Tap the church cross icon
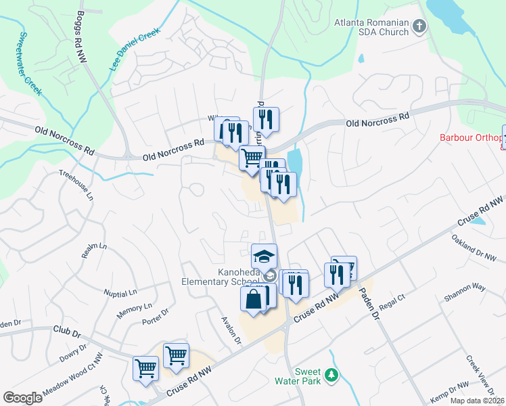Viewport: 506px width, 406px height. point(419,27)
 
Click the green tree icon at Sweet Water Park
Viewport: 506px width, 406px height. point(331,374)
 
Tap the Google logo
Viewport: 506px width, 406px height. point(22,398)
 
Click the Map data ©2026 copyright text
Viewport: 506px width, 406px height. point(477,401)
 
